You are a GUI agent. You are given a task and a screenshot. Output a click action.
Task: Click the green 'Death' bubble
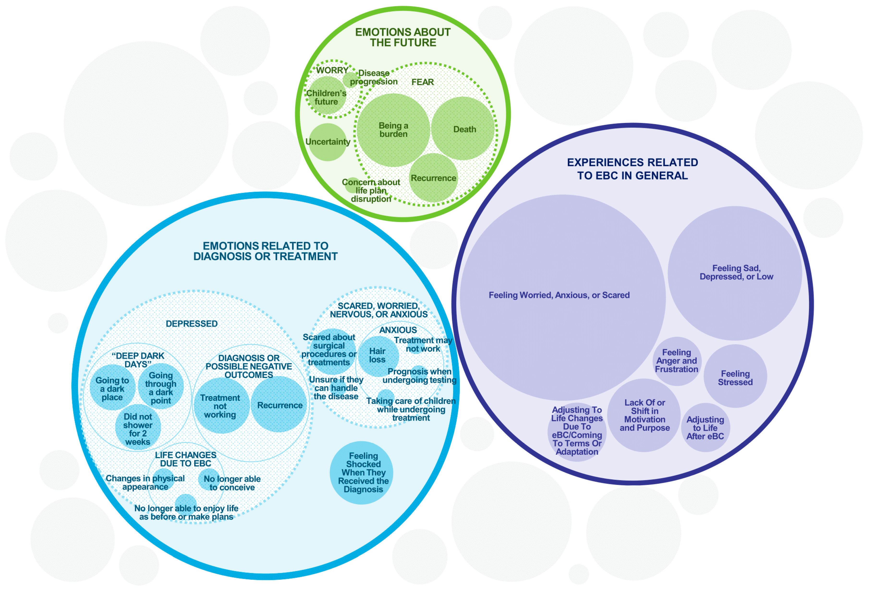pos(463,129)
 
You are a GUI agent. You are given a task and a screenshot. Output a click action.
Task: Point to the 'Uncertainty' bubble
pos(328,142)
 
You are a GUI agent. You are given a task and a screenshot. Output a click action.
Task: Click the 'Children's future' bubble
pos(326,96)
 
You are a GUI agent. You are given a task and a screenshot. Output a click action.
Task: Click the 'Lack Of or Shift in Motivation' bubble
pos(644,415)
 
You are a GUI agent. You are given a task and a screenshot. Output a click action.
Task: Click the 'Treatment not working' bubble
pos(221,406)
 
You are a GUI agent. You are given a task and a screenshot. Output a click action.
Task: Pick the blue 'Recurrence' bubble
pos(279,405)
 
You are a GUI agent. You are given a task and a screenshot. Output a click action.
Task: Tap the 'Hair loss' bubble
pos(378,356)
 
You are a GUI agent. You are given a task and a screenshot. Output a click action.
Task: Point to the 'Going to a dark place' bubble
pos(112,388)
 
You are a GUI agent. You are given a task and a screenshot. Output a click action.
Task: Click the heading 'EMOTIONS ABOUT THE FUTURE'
pos(403,37)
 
